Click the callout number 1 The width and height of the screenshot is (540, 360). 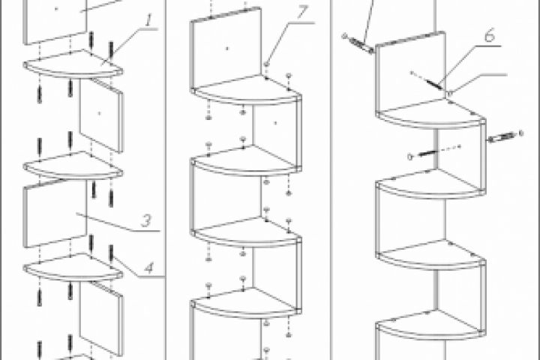(x=148, y=20)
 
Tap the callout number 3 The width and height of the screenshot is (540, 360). (x=146, y=220)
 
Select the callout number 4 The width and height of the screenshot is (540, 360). (x=149, y=268)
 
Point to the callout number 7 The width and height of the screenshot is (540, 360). (x=301, y=13)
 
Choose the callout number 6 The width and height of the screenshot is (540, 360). (x=490, y=35)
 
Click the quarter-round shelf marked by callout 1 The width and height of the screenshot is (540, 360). (x=73, y=64)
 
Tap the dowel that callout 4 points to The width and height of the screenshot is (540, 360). (x=111, y=253)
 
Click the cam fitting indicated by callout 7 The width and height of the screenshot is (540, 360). (x=266, y=64)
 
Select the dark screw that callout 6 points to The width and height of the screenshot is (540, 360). (x=434, y=85)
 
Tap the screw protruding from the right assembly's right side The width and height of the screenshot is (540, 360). (x=505, y=136)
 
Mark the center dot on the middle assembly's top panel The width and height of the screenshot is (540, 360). (x=226, y=48)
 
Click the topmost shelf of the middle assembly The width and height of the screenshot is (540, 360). (x=245, y=90)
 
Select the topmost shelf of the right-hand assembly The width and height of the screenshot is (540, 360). (x=430, y=114)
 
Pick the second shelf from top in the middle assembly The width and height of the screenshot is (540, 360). (x=245, y=161)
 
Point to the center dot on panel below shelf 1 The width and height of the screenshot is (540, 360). (x=100, y=113)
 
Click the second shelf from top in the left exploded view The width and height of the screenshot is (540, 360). (x=73, y=166)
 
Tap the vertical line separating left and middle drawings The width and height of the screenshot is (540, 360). (x=166, y=180)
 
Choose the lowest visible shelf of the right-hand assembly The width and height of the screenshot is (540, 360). (x=430, y=325)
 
